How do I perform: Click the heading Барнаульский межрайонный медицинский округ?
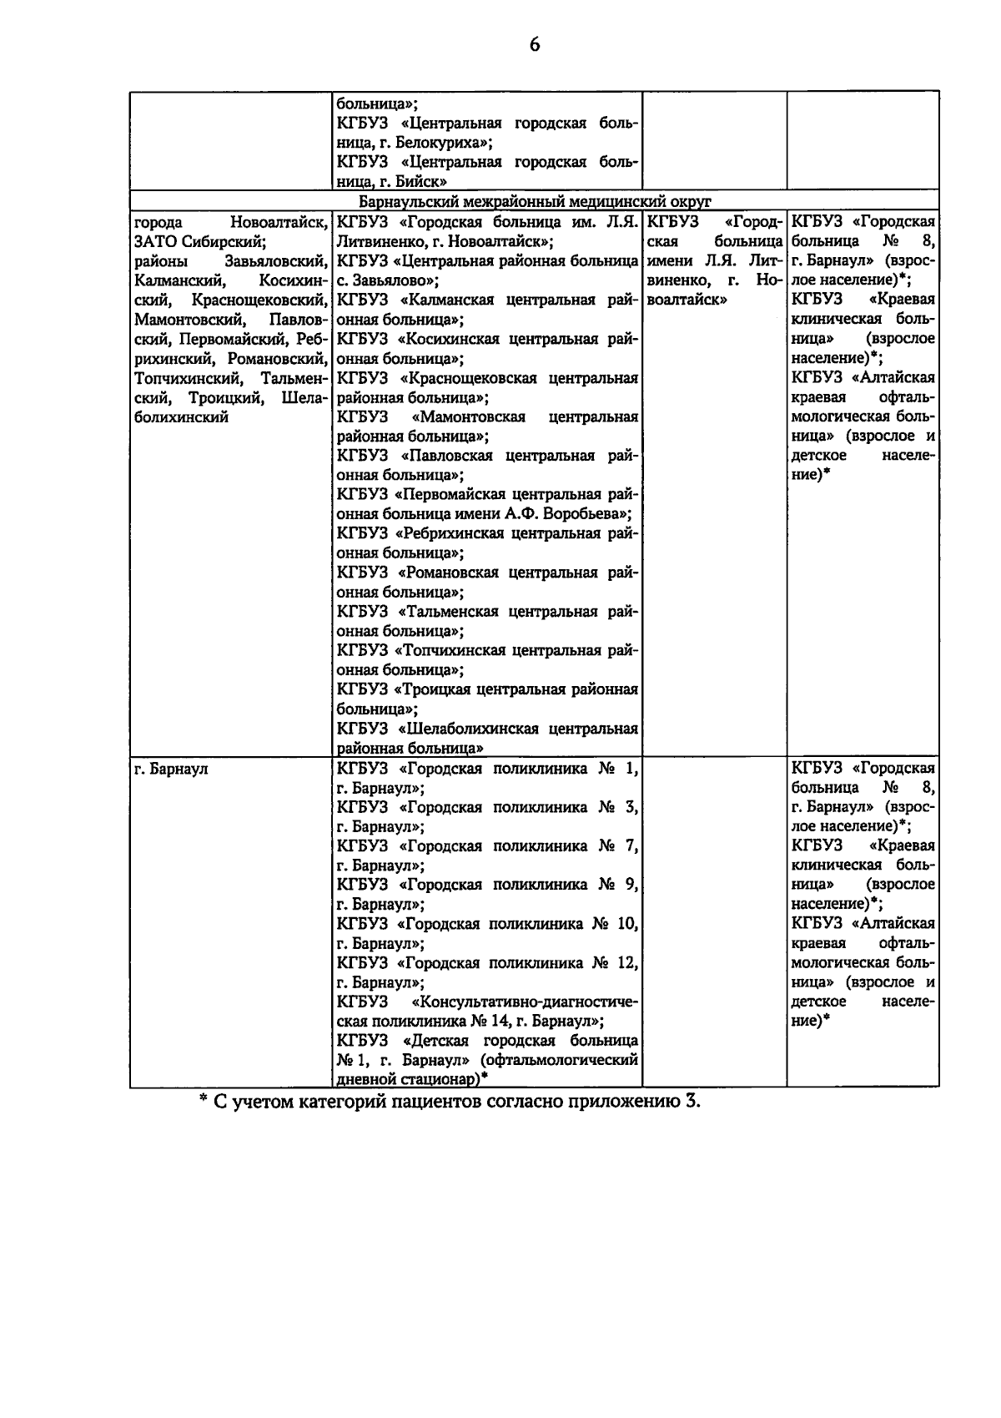(534, 202)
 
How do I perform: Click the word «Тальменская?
(448, 612)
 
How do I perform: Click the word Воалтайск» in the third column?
(683, 300)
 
